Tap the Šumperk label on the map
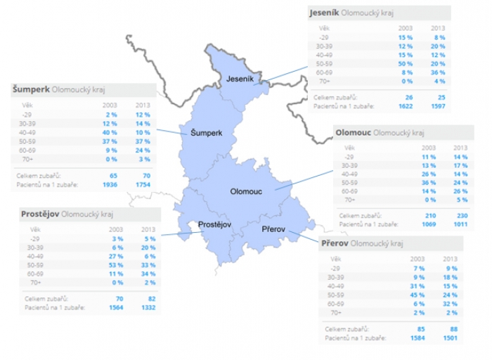point(206,132)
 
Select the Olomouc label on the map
point(245,191)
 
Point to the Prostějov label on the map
point(216,224)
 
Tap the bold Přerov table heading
point(334,243)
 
